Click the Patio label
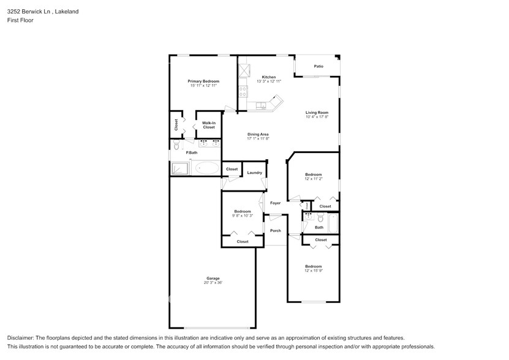pyautogui.click(x=319, y=66)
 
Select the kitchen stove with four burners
pyautogui.click(x=243, y=92)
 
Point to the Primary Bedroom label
pyautogui.click(x=203, y=81)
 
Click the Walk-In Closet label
pyautogui.click(x=208, y=125)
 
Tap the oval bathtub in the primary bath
pyautogui.click(x=206, y=168)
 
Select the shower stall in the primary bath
pyautogui.click(x=179, y=168)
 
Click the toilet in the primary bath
pyautogui.click(x=175, y=146)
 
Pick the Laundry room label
pyautogui.click(x=254, y=173)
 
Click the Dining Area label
pyautogui.click(x=258, y=134)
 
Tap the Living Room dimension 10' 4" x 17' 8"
pyautogui.click(x=317, y=117)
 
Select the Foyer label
pyautogui.click(x=276, y=203)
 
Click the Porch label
pyautogui.click(x=276, y=231)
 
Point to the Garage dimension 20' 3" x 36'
pyautogui.click(x=213, y=283)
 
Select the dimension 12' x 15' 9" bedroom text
pyautogui.click(x=314, y=271)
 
